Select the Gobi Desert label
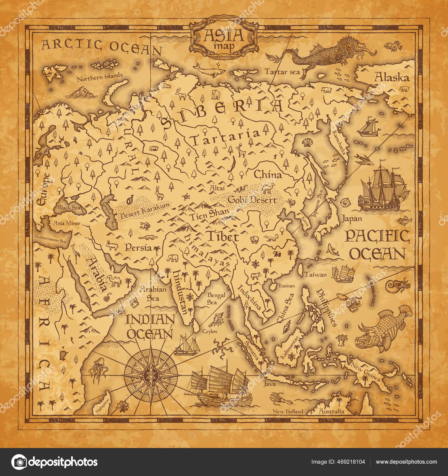click(x=252, y=200)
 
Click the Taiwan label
click(x=316, y=274)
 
